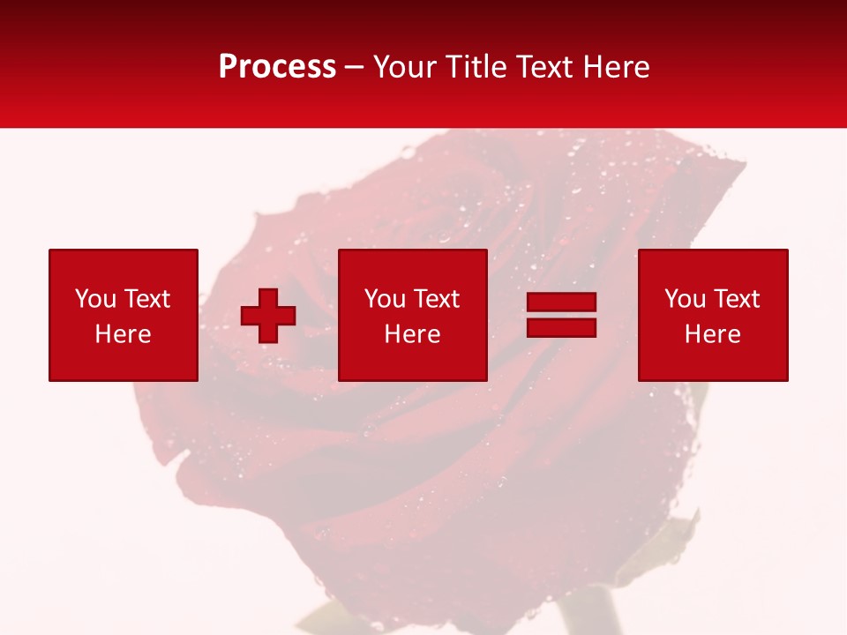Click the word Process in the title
[277, 67]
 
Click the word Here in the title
[617, 67]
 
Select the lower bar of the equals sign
[561, 328]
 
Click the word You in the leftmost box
[95, 299]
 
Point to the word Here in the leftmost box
[123, 334]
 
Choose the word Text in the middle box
[435, 299]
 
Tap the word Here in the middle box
[412, 334]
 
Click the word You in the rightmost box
[685, 299]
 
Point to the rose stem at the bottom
[589, 613]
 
